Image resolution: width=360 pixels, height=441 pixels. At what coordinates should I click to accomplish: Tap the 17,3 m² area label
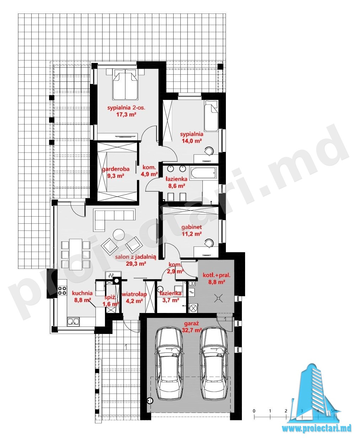tap(126, 114)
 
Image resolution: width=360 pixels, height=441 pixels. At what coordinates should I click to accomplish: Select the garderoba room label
tap(116, 169)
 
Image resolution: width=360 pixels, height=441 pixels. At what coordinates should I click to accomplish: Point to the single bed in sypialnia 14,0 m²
tap(211, 116)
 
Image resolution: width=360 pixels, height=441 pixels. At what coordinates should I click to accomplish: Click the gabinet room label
tap(191, 227)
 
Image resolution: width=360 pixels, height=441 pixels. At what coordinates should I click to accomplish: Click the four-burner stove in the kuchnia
tap(62, 291)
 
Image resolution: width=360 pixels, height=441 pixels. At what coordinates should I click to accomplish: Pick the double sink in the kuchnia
tap(73, 321)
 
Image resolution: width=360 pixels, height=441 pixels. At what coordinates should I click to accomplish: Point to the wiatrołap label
tap(134, 294)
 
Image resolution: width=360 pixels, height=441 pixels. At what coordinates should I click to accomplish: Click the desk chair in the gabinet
tap(209, 243)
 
